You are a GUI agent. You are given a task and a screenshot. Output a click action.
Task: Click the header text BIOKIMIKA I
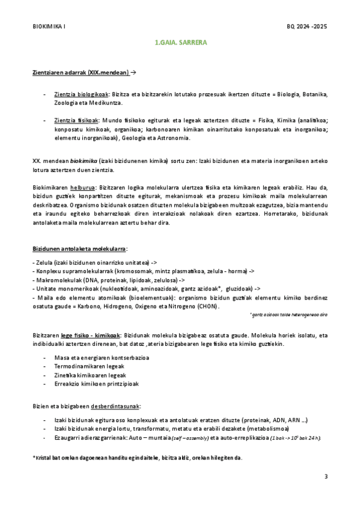pos(49,27)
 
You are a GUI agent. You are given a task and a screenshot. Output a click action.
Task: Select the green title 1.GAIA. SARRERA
pos(180,43)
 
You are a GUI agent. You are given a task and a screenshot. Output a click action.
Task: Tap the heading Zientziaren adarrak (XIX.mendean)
pos(81,73)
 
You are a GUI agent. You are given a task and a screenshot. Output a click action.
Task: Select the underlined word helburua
pos(82,188)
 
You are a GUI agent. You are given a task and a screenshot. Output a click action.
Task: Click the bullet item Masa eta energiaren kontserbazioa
pos(102,358)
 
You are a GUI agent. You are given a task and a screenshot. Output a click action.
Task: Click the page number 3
pos(326,477)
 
